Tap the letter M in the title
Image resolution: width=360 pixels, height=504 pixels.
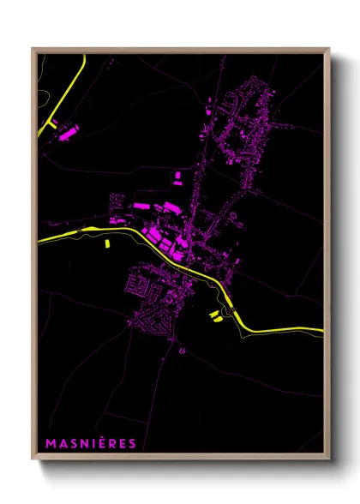(x=50, y=443)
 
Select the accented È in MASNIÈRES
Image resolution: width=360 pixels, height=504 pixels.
(x=106, y=442)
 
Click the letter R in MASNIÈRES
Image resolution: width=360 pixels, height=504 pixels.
(x=118, y=443)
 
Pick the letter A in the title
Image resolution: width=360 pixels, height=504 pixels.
(x=62, y=443)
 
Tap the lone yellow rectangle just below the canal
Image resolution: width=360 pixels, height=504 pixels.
(x=108, y=243)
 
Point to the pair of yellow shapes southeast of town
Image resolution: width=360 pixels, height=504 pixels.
(x=214, y=315)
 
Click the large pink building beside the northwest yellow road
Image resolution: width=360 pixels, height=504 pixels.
(x=69, y=131)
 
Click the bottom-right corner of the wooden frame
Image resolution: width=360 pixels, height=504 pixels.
(x=328, y=460)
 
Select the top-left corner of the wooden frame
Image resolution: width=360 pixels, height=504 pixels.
(x=33, y=48)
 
